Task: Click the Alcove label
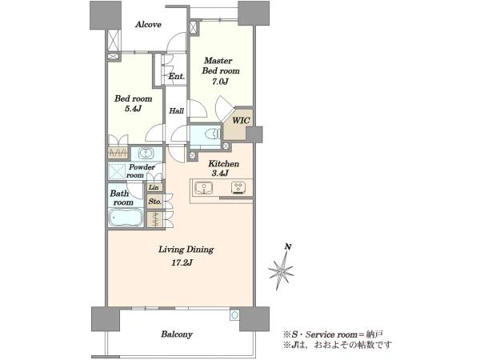coord(149,25)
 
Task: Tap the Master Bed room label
coord(221,66)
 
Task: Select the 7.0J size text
coord(221,82)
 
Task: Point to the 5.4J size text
coord(133,109)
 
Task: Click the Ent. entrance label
coord(177,76)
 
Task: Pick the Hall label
coord(177,111)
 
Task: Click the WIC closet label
coord(241,121)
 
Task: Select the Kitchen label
coord(223,164)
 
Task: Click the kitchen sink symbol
coord(203,188)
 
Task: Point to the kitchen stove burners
coord(238,188)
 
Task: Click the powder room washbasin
coord(146,154)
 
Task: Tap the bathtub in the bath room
coord(126,218)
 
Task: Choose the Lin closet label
coord(154,187)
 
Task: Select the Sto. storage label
coord(155,202)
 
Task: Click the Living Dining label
coord(186,250)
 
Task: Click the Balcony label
coord(177,334)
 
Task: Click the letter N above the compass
coord(288,246)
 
